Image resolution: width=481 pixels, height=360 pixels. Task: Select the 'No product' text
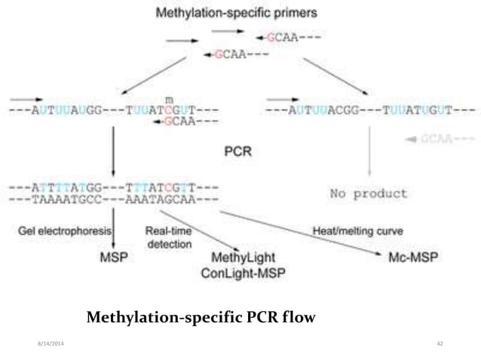point(369,193)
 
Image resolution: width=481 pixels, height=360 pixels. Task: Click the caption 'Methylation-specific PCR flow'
point(201,317)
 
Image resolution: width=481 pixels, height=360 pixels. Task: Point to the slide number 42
point(440,344)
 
